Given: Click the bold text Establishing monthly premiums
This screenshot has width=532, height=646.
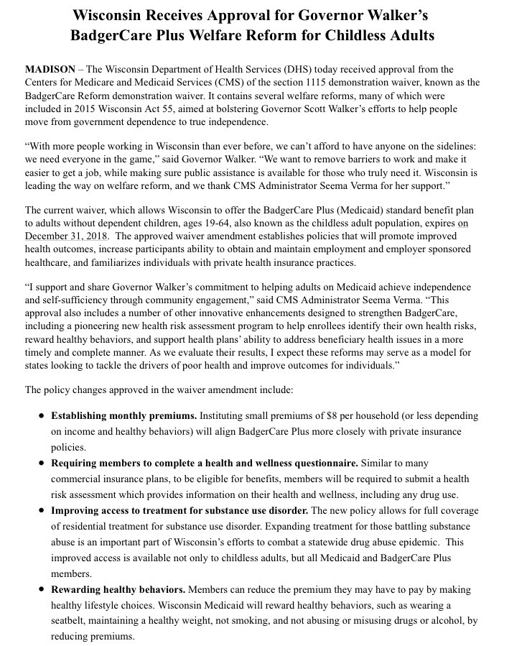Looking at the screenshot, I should tap(123, 416).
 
